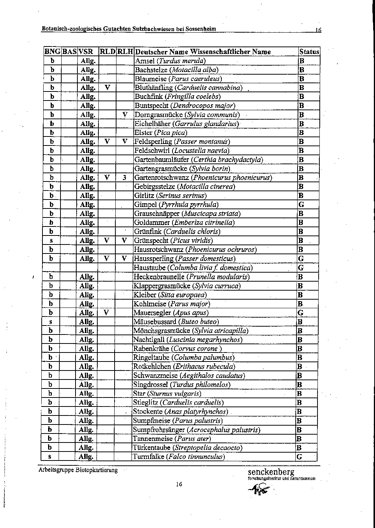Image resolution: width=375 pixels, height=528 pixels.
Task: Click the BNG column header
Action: pos(52,52)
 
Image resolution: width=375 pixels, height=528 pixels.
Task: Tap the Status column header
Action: pos(309,52)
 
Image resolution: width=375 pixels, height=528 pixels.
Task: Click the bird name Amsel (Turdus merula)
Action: pos(170,61)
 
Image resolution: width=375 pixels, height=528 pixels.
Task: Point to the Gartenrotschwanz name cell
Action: pos(203,178)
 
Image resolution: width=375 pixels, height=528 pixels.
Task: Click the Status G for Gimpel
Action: pos(301,205)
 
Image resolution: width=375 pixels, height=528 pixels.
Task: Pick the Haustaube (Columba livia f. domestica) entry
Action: pos(193,268)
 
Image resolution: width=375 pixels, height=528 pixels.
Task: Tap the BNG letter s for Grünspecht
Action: pos(51,241)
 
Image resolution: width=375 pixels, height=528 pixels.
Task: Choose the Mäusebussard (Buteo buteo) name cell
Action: pos(176,322)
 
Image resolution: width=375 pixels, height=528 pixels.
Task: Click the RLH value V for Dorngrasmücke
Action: pos(125,115)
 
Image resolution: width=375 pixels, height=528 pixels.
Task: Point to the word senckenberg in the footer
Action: pos(271,472)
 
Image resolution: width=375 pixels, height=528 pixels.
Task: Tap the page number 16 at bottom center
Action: pos(179,484)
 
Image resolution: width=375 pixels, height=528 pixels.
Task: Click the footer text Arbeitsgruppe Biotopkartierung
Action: pos(77,470)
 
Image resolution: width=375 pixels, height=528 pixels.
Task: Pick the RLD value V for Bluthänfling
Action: pos(107,88)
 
